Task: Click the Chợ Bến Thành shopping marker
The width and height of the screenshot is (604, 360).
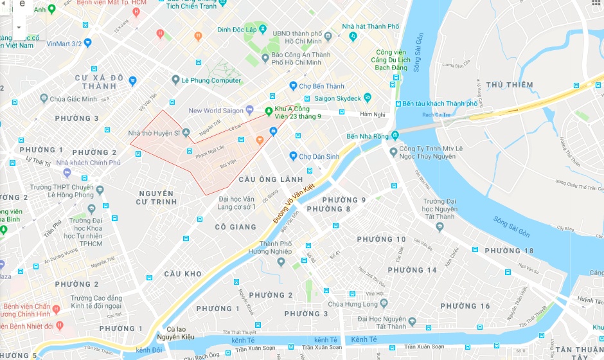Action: (293, 86)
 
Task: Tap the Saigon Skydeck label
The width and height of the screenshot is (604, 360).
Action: (337, 98)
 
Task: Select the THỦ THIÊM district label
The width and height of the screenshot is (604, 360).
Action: (510, 85)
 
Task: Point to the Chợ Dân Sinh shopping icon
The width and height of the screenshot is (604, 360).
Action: (293, 156)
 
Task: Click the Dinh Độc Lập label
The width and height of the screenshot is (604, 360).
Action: (241, 30)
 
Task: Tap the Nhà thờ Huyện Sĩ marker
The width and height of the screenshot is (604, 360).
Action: (186, 132)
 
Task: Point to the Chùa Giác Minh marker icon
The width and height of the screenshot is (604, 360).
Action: (44, 98)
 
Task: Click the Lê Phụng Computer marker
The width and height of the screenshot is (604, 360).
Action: (175, 80)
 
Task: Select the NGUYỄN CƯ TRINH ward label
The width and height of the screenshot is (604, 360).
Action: (155, 197)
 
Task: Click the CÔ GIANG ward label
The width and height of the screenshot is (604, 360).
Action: (235, 226)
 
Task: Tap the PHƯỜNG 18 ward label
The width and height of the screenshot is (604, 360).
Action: (509, 251)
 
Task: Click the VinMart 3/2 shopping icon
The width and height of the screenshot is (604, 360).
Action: (87, 43)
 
